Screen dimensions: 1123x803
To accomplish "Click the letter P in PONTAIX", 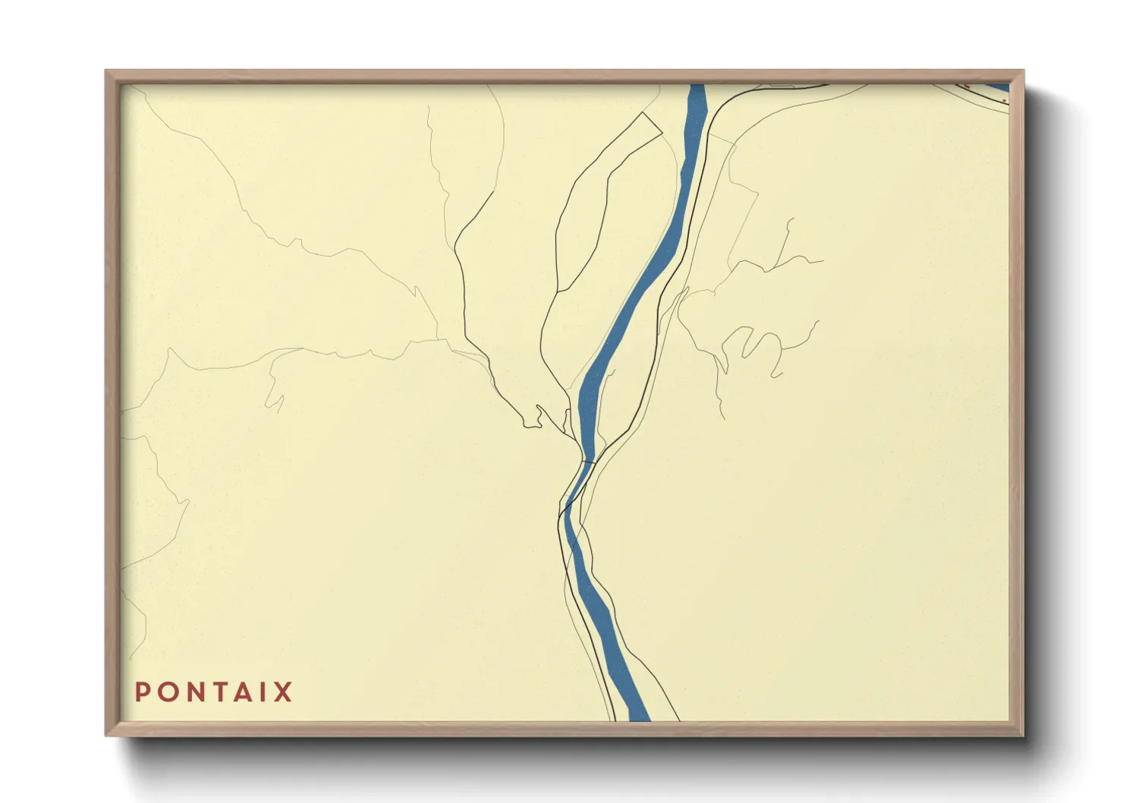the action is click(142, 692).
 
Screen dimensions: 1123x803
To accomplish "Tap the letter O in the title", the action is click(165, 692).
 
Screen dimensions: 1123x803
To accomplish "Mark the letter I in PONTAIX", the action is click(261, 692).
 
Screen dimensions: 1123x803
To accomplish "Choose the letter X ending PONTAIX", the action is click(283, 692).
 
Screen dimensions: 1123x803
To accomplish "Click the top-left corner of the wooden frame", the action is click(106, 71).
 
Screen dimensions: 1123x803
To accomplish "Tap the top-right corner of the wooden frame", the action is click(1022, 71).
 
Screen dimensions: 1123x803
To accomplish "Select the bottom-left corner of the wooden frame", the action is click(106, 735).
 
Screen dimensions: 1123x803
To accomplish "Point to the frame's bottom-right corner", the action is click(1022, 735).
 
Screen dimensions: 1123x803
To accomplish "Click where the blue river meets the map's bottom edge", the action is click(639, 718).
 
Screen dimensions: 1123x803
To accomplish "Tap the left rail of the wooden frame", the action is click(112, 402).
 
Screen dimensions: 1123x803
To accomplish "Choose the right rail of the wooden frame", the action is click(1017, 402).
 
